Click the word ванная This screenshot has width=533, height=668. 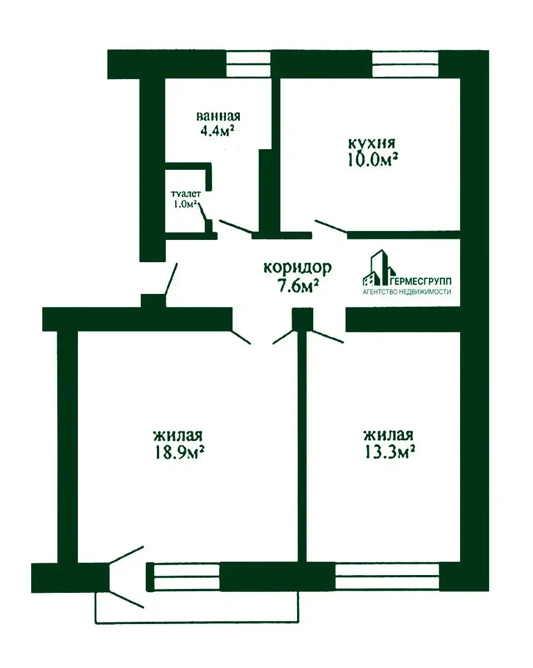pyautogui.click(x=218, y=116)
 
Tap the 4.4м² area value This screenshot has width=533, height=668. pyautogui.click(x=216, y=131)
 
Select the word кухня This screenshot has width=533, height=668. pyautogui.click(x=372, y=144)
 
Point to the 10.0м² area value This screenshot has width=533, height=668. pyautogui.click(x=373, y=160)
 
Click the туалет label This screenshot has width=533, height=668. pyautogui.click(x=186, y=194)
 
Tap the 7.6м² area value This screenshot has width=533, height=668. pyautogui.click(x=298, y=286)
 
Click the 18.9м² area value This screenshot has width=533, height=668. pyautogui.click(x=179, y=453)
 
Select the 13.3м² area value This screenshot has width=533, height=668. pyautogui.click(x=389, y=452)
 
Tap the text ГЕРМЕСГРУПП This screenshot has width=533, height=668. pyautogui.click(x=422, y=281)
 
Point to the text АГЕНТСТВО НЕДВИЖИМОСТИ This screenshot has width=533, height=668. pyautogui.click(x=407, y=292)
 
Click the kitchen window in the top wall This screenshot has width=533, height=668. pyautogui.click(x=405, y=64)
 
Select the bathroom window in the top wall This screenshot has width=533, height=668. pyautogui.click(x=248, y=64)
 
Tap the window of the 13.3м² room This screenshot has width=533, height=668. pyautogui.click(x=387, y=577)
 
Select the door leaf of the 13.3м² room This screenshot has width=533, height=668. pyautogui.click(x=326, y=337)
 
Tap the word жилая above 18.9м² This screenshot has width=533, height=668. pyautogui.click(x=178, y=435)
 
